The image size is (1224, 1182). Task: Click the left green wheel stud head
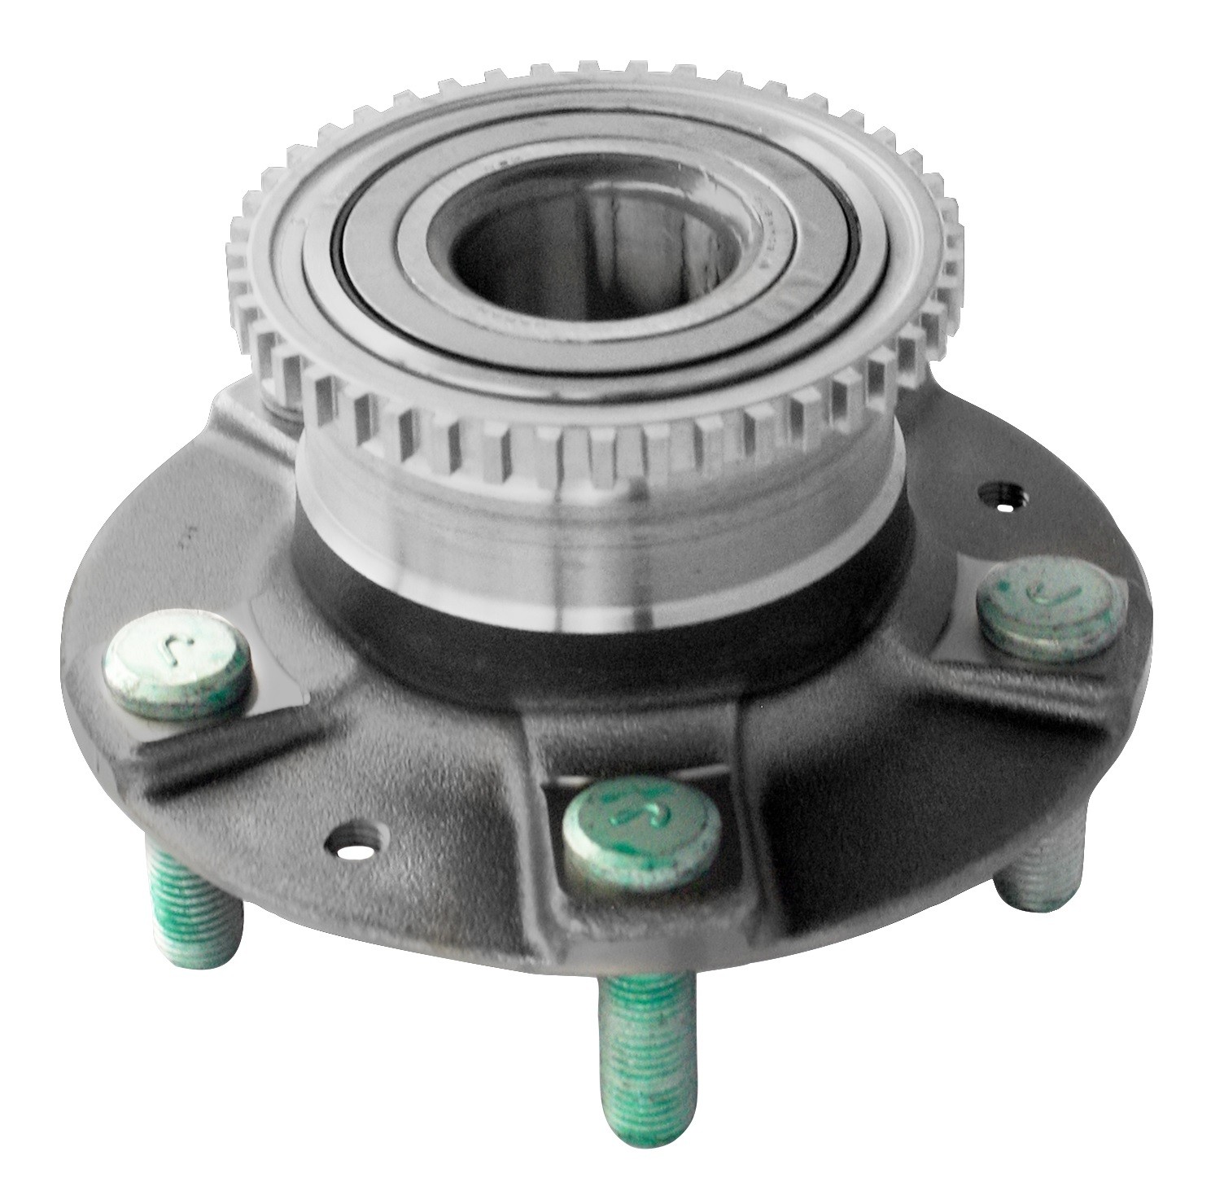click(177, 663)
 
